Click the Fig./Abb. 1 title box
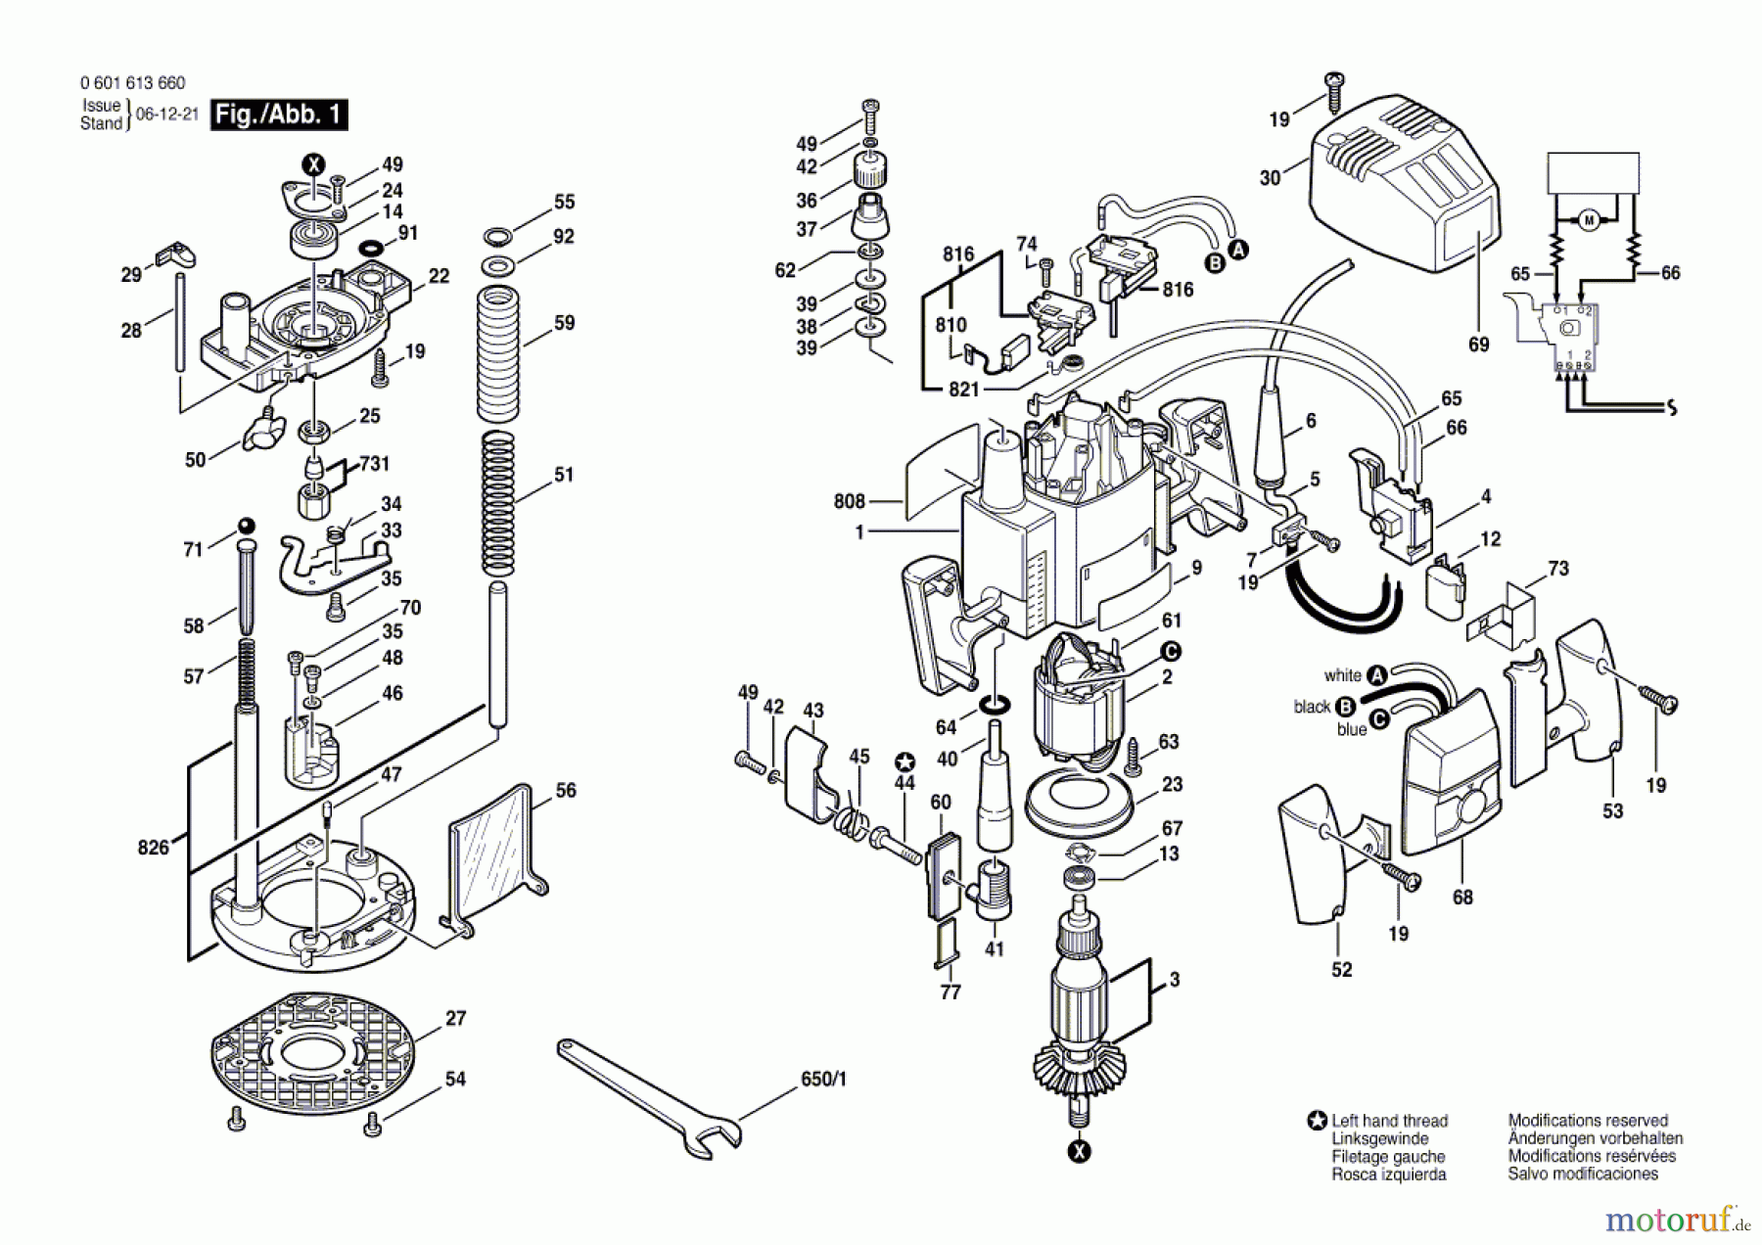[279, 115]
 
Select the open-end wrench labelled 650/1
[648, 1099]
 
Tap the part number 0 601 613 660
[132, 83]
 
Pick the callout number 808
[849, 501]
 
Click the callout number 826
[154, 848]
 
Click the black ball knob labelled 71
[246, 525]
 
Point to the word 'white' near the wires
[1342, 675]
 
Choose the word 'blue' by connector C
[1352, 729]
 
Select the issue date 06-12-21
[166, 114]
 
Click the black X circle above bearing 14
[313, 164]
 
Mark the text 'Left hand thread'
[1389, 1121]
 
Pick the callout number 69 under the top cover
[1479, 345]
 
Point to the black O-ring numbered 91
[371, 247]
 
